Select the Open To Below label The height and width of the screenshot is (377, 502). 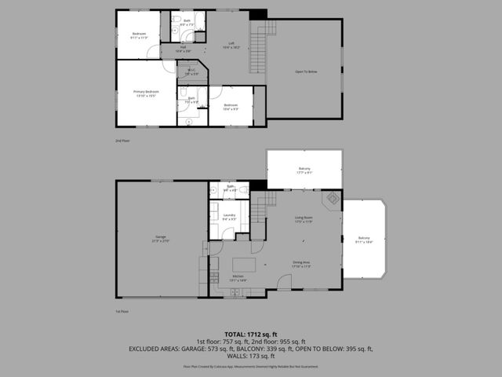click(305, 71)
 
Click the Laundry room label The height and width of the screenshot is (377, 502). click(229, 217)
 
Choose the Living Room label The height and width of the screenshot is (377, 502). click(304, 219)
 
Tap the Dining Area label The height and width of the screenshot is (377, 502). click(301, 265)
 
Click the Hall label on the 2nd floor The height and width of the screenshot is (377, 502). click(183, 49)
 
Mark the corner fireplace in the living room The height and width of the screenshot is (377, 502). click(333, 199)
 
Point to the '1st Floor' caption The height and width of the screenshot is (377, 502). click(122, 311)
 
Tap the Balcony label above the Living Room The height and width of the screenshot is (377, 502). click(304, 170)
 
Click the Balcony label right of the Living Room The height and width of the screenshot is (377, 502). click(364, 240)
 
